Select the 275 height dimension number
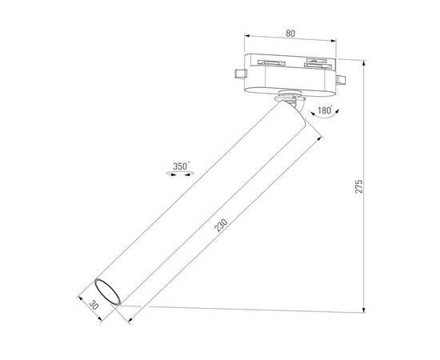(359, 186)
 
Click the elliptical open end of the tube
(106, 291)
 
